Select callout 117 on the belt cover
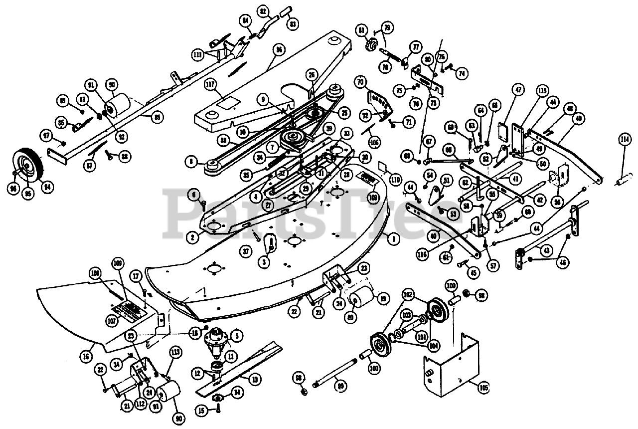pyautogui.click(x=212, y=86)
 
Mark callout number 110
pyautogui.click(x=396, y=179)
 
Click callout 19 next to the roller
pyautogui.click(x=383, y=299)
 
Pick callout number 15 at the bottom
pyautogui.click(x=201, y=411)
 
